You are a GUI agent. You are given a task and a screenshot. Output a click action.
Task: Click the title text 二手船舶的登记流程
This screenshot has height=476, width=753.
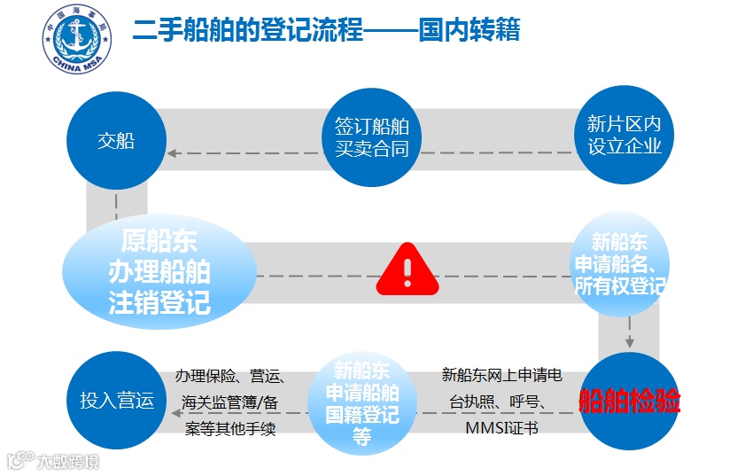tap(248, 31)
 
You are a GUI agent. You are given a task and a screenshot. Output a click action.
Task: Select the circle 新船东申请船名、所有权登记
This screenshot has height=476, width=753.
tap(619, 264)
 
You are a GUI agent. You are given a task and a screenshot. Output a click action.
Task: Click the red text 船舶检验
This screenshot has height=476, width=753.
tap(630, 402)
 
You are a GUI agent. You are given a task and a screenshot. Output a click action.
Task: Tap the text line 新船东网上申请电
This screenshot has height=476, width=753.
tap(501, 375)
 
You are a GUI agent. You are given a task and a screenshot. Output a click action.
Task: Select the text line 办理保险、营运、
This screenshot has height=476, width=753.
tap(229, 375)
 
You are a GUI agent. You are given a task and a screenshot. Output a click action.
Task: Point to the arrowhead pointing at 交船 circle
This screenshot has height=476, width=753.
tap(175, 152)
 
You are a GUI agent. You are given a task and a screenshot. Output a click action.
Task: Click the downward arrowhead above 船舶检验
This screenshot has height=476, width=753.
tap(630, 341)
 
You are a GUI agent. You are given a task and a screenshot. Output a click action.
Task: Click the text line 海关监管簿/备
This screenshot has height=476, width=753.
tap(229, 402)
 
